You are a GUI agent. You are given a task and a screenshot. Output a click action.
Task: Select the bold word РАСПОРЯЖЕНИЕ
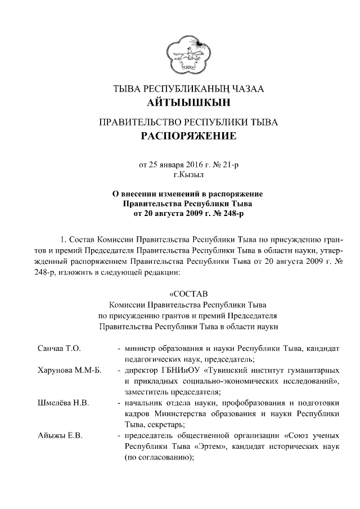click(x=185, y=137)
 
